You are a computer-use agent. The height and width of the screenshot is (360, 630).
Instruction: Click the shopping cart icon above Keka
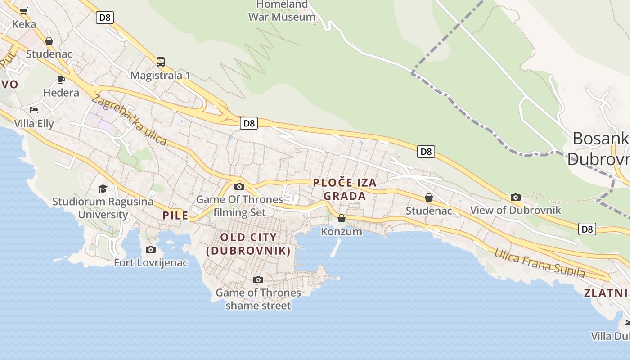click(x=24, y=11)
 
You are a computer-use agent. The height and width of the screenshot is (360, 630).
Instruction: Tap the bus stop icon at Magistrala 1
click(x=160, y=62)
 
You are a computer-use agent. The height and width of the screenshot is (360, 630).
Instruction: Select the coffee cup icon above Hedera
click(x=61, y=80)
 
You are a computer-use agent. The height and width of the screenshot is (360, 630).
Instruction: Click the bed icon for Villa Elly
click(x=34, y=110)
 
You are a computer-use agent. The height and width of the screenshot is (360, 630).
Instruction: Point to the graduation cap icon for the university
click(x=103, y=189)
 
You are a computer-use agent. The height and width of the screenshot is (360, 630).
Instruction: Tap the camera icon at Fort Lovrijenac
click(x=151, y=249)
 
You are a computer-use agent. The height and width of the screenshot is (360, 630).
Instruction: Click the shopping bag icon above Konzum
click(x=342, y=218)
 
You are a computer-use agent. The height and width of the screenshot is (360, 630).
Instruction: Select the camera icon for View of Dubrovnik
click(x=516, y=197)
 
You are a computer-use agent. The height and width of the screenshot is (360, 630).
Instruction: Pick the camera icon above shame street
click(x=258, y=279)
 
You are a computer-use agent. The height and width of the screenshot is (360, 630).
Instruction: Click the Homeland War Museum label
click(x=282, y=11)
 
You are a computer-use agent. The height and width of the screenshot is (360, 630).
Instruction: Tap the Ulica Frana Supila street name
click(x=540, y=263)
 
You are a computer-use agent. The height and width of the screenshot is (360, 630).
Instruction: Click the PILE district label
click(x=175, y=216)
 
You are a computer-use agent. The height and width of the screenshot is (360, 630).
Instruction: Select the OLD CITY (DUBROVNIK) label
click(x=248, y=244)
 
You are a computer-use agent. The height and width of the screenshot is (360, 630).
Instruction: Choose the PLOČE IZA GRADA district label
click(x=345, y=189)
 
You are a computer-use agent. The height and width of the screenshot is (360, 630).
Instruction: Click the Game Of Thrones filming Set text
click(x=240, y=206)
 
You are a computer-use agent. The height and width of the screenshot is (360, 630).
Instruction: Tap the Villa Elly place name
click(x=34, y=124)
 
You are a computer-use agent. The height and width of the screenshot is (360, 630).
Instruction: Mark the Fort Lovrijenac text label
click(x=151, y=262)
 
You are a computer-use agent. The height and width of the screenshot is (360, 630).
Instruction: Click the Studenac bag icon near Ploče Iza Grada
click(x=429, y=198)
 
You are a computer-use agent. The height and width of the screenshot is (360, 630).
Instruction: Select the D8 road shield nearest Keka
click(x=104, y=18)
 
